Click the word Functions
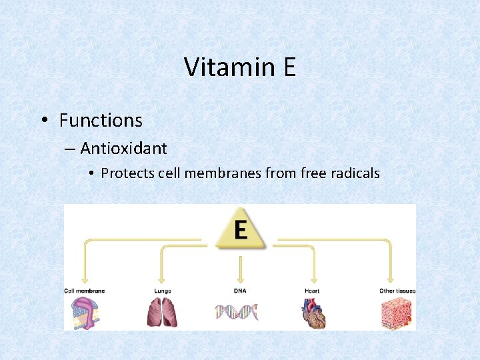101,121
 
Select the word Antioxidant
123,148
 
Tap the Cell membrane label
84,291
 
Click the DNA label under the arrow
239,291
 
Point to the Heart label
312,291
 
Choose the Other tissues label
397,291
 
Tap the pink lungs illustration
161,312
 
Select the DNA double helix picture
236,311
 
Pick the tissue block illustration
396,312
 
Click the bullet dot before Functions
43,121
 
